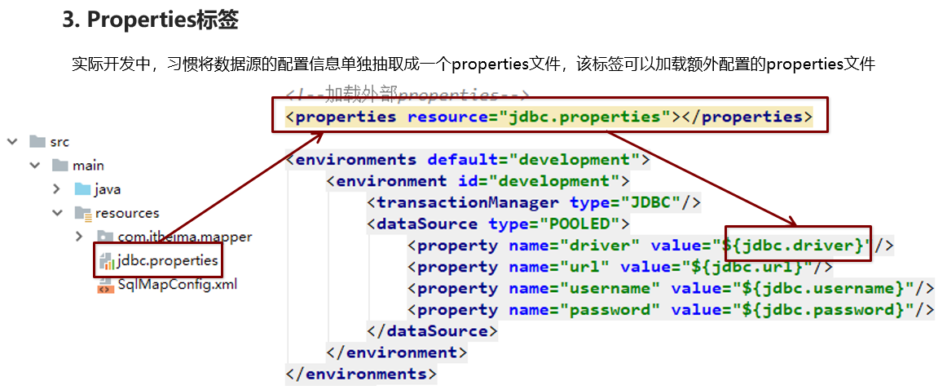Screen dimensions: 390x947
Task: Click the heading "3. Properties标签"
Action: point(150,20)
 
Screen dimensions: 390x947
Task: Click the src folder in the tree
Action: point(59,142)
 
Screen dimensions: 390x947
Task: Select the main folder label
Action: point(88,166)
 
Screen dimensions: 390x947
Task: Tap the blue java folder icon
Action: point(82,189)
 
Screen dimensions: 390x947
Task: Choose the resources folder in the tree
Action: point(126,213)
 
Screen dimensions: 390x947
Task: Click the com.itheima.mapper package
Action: point(183,237)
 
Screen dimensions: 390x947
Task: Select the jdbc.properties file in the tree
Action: point(167,261)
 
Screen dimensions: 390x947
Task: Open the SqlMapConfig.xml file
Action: point(177,285)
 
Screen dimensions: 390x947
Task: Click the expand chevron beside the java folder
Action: point(57,189)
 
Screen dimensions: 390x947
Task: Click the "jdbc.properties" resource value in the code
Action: point(584,117)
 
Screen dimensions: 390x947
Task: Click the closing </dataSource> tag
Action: point(432,331)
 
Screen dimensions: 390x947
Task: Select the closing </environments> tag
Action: point(361,374)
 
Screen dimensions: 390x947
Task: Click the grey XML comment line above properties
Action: point(408,95)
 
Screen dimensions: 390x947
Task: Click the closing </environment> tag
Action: point(397,353)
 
